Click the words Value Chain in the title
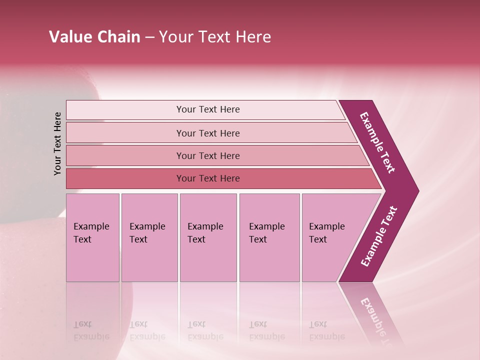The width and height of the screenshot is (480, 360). click(x=94, y=37)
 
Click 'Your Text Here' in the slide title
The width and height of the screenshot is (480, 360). click(x=215, y=37)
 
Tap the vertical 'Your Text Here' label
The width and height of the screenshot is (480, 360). click(x=57, y=143)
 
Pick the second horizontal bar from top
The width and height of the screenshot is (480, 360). click(x=207, y=133)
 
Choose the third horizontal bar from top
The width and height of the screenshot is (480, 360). click(x=207, y=155)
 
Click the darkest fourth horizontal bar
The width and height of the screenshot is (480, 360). click(x=207, y=178)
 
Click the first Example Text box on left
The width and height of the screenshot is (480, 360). click(x=92, y=237)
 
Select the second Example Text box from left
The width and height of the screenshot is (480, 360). click(x=149, y=237)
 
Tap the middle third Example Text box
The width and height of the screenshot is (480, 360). click(x=208, y=237)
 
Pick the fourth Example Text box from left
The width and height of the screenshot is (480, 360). click(x=269, y=237)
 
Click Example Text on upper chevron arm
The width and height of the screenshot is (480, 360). click(x=378, y=142)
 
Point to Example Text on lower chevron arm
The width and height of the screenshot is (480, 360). click(x=379, y=236)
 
